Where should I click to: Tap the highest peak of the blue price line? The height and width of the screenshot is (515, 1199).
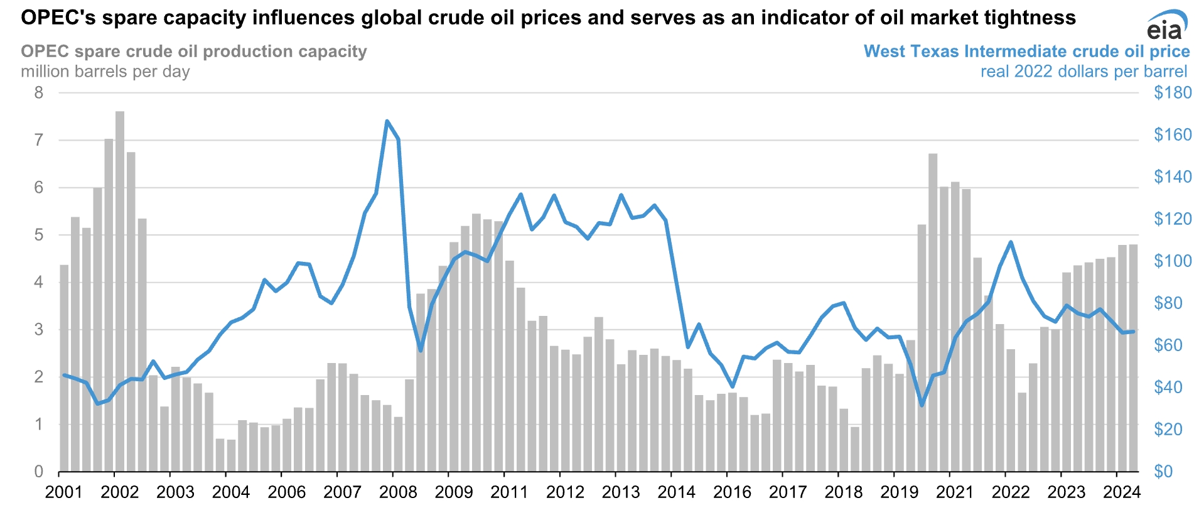(x=387, y=121)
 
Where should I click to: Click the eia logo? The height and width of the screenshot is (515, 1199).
(x=1166, y=27)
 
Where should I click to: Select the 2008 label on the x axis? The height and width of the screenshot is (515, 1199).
(x=398, y=492)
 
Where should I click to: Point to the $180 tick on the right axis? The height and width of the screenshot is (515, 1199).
(x=1172, y=93)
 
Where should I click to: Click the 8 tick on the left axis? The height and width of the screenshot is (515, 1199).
(x=39, y=93)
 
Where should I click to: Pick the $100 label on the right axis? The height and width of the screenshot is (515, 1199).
(x=1172, y=261)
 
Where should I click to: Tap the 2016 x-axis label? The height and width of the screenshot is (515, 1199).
(x=732, y=492)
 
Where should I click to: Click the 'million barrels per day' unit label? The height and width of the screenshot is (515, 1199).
(x=105, y=72)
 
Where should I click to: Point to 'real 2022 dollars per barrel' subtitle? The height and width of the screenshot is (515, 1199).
(x=1083, y=72)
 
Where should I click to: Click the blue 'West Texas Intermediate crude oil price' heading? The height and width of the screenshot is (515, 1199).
(x=1026, y=51)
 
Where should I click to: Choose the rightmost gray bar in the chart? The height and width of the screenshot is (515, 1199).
(x=1133, y=358)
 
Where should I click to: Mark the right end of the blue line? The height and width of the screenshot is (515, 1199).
(x=1133, y=332)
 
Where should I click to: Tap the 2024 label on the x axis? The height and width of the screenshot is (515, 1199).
(x=1122, y=492)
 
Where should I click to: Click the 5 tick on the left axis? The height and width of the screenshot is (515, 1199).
(x=39, y=235)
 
